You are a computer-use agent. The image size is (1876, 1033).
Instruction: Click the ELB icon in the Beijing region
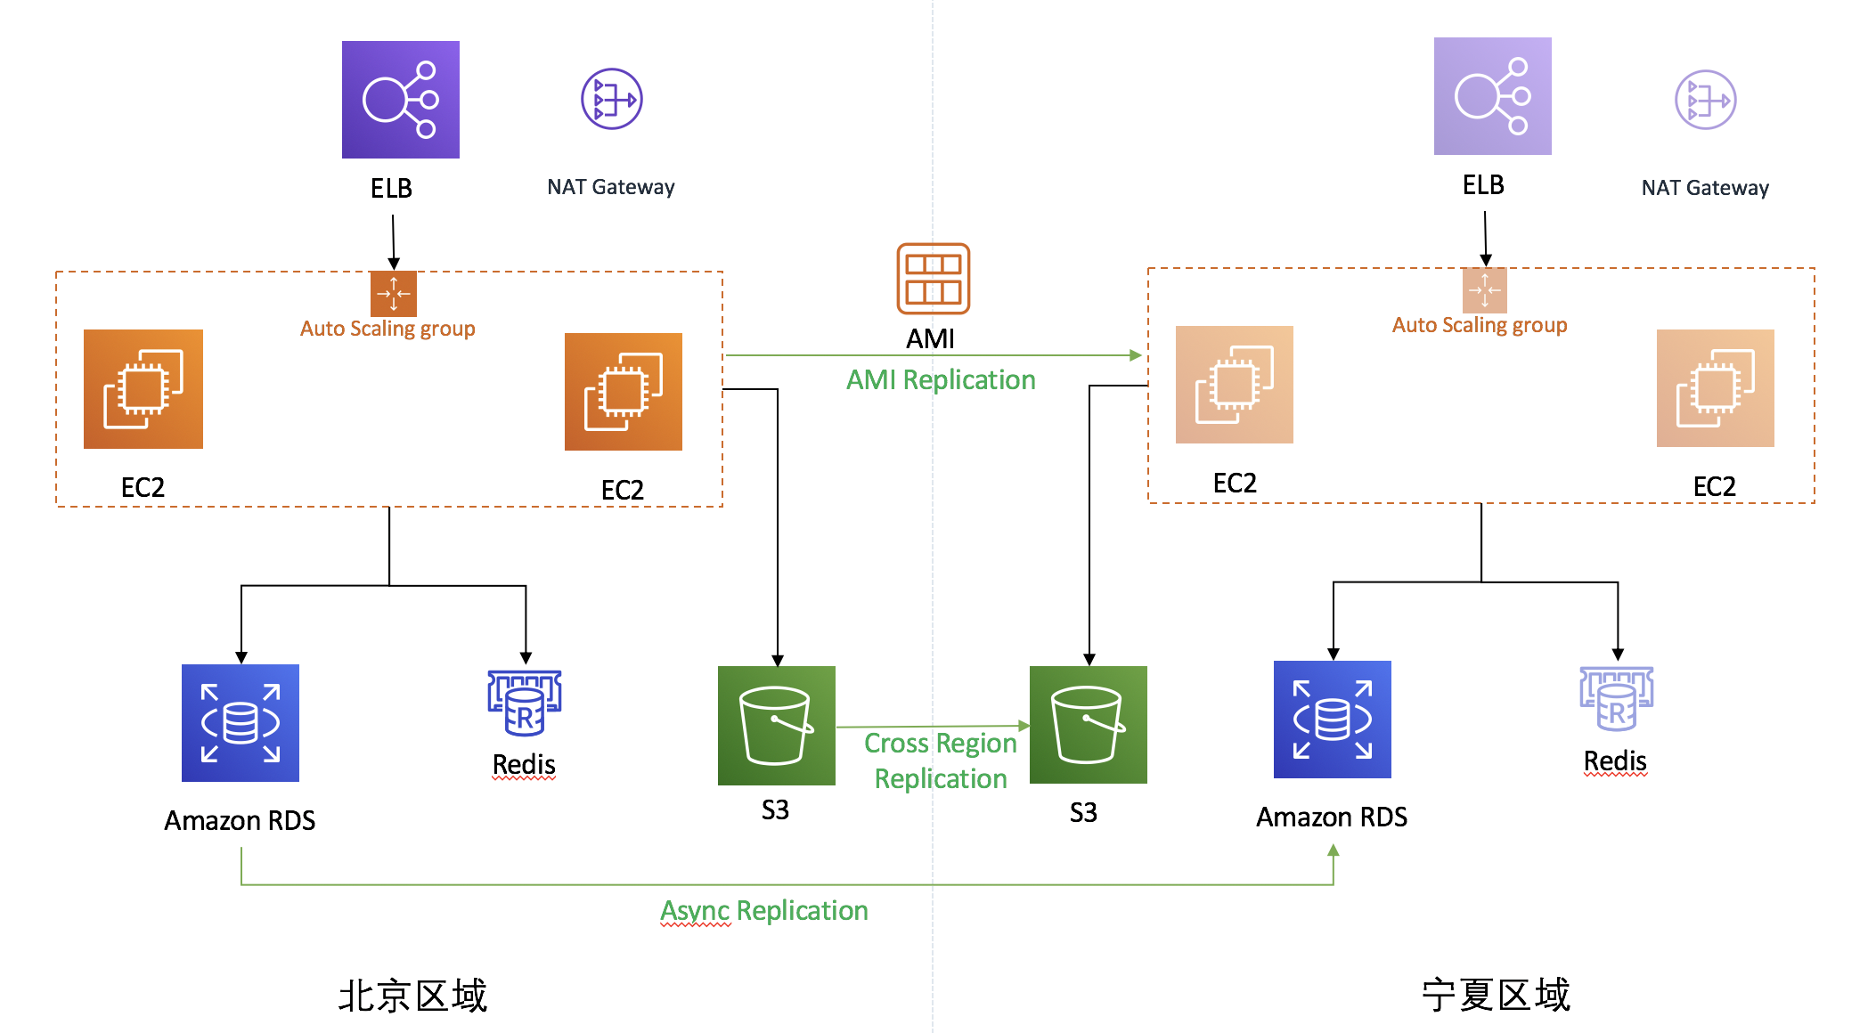click(x=401, y=100)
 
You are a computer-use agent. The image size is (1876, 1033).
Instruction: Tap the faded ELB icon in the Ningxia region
click(x=1492, y=96)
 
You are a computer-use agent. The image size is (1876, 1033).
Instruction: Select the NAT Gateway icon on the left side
click(x=612, y=99)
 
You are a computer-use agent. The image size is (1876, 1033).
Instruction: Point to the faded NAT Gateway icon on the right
click(x=1705, y=100)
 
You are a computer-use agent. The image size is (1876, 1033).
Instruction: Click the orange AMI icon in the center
click(x=933, y=279)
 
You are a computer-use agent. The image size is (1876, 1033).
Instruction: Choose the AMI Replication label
click(x=941, y=380)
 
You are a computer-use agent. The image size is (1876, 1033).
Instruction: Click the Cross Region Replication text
click(x=941, y=761)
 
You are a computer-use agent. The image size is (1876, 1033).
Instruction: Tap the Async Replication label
click(x=764, y=911)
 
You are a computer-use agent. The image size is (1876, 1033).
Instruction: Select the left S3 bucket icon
click(x=777, y=726)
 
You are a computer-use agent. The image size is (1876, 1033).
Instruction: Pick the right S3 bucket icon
click(x=1089, y=725)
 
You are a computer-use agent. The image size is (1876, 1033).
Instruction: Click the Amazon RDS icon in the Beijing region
click(x=241, y=723)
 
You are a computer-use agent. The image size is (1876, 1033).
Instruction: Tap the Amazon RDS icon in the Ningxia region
click(x=1333, y=720)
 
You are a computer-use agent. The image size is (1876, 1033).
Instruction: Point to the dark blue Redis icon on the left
click(x=525, y=704)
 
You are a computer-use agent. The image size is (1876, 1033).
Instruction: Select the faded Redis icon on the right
click(x=1616, y=699)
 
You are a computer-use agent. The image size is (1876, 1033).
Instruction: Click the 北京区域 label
click(x=413, y=996)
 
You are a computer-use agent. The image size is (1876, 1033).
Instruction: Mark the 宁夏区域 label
click(x=1497, y=995)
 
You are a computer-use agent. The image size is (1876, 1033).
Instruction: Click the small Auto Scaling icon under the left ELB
click(x=394, y=294)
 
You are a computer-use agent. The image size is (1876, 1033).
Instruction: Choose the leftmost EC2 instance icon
click(x=143, y=389)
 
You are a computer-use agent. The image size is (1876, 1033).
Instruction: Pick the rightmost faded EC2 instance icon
click(x=1716, y=388)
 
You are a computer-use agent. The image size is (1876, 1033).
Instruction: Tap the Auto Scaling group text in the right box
click(x=1480, y=325)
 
